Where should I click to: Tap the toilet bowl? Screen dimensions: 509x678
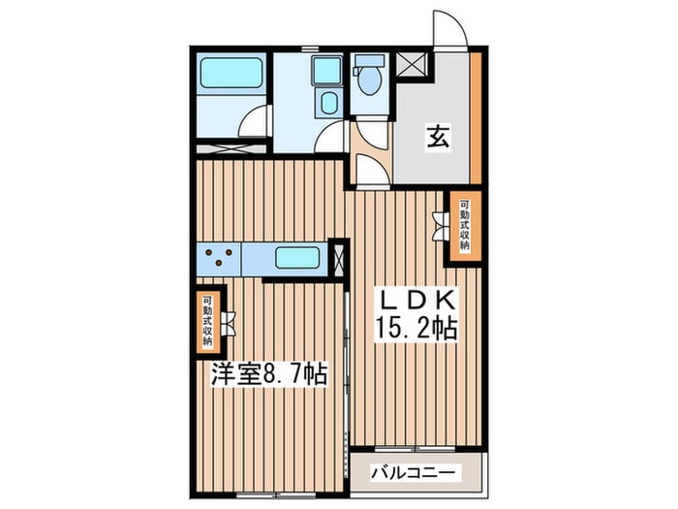[x=369, y=82]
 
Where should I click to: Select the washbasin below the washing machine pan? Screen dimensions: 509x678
[x=326, y=104]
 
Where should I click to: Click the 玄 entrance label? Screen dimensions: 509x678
[x=437, y=138]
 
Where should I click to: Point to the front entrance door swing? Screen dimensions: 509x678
[x=448, y=29]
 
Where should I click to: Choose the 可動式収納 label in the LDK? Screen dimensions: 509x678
[x=464, y=226]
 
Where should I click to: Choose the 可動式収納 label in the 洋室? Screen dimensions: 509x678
[x=207, y=322]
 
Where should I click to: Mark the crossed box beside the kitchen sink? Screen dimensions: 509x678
[x=337, y=259]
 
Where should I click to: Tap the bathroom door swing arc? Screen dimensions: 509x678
[x=254, y=121]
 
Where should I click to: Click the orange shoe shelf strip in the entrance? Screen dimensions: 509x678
[x=476, y=116]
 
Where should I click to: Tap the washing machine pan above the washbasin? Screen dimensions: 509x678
[x=326, y=70]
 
